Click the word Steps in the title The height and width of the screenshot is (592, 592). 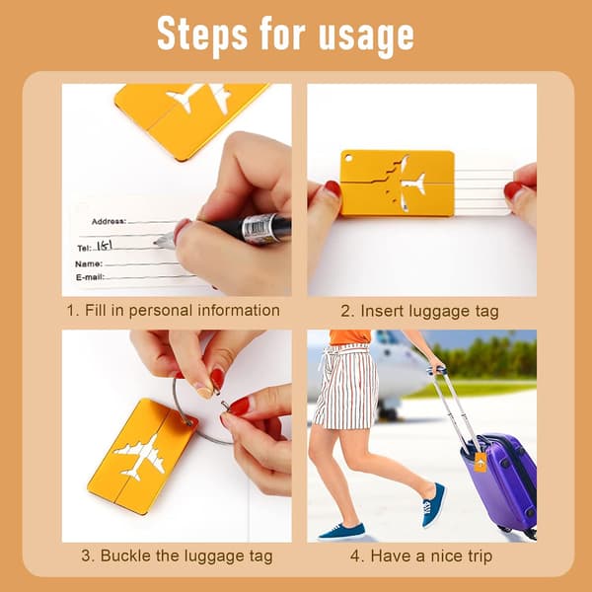tap(202, 36)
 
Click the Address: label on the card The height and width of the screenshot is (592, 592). tap(109, 221)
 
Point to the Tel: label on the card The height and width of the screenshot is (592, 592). tap(84, 248)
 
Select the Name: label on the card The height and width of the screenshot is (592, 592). tap(89, 263)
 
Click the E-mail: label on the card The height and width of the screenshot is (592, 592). tap(90, 277)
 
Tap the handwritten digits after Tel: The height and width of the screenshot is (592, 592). tap(105, 246)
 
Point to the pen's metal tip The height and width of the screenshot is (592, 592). tap(163, 241)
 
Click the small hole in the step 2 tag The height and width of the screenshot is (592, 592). tap(347, 157)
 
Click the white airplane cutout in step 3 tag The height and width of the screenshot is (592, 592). tap(140, 457)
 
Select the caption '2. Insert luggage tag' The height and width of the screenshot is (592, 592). tap(419, 312)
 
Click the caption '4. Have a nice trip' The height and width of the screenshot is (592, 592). tap(421, 556)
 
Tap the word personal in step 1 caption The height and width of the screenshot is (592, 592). tap(161, 311)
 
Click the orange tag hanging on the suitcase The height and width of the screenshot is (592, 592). tap(481, 462)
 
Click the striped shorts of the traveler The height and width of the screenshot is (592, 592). tap(346, 386)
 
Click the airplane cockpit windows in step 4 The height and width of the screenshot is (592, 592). tap(385, 336)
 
